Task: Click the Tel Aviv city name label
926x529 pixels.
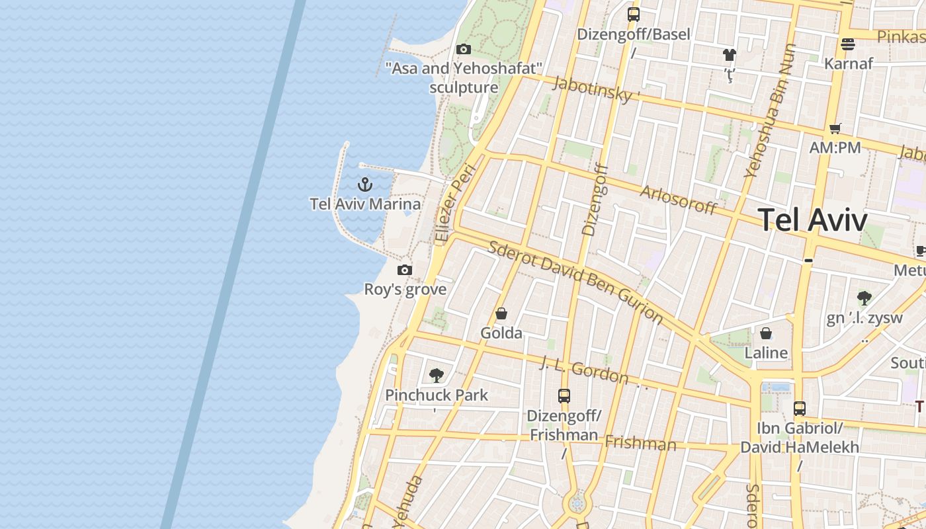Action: pyautogui.click(x=812, y=220)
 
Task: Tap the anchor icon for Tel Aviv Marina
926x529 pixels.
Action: pyautogui.click(x=365, y=184)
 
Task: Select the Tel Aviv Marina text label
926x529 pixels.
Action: pyautogui.click(x=365, y=204)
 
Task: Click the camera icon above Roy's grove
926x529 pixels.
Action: pyautogui.click(x=405, y=270)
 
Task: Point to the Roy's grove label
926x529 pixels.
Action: pyautogui.click(x=405, y=290)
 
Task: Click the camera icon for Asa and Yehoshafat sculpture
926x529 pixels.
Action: pyautogui.click(x=464, y=49)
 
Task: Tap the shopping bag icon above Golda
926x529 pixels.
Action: pyautogui.click(x=501, y=313)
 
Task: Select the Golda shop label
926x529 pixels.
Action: pyautogui.click(x=501, y=333)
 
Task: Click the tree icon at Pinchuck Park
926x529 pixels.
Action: pyautogui.click(x=436, y=376)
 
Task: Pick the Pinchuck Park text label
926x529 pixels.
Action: pyautogui.click(x=437, y=395)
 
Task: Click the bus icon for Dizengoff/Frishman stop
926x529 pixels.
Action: pyautogui.click(x=564, y=396)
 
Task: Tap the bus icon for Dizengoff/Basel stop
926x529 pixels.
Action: pyautogui.click(x=634, y=15)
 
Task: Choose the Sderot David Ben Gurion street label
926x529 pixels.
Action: pyautogui.click(x=575, y=282)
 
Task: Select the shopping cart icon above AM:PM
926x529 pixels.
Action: pyautogui.click(x=835, y=128)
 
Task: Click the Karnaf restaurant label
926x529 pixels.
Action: pyautogui.click(x=848, y=63)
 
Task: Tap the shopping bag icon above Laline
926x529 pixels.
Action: pyautogui.click(x=766, y=333)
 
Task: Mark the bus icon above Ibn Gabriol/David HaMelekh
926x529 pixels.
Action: pyautogui.click(x=800, y=409)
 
